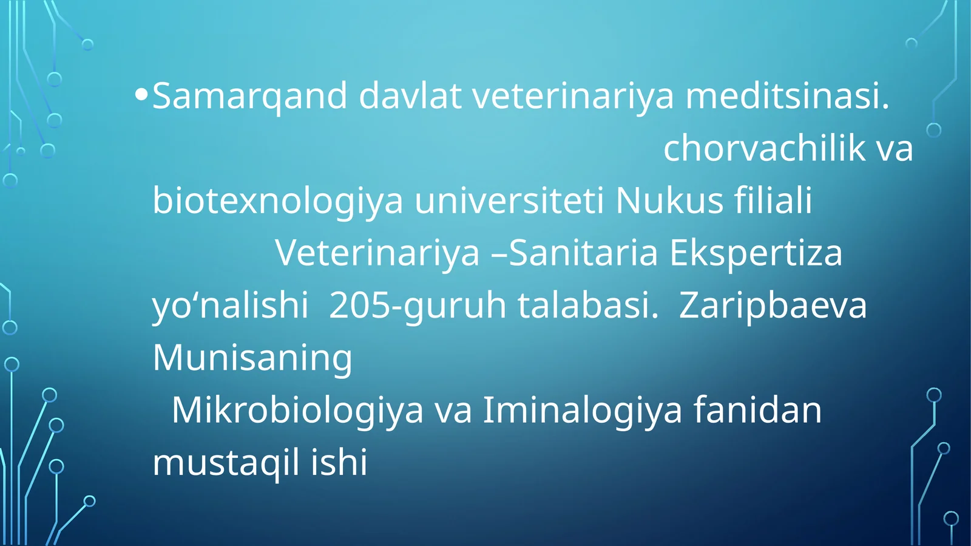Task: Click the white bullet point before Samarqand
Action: point(141,95)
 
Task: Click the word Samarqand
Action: point(249,96)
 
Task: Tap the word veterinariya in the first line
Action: point(573,96)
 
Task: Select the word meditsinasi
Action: point(787,96)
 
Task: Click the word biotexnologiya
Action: point(277,201)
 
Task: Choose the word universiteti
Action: point(509,201)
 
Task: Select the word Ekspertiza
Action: point(756,253)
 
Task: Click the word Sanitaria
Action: point(583,253)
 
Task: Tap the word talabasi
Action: point(587,305)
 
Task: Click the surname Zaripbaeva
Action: point(773,305)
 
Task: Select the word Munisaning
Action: point(252,358)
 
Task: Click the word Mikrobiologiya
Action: point(297,411)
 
